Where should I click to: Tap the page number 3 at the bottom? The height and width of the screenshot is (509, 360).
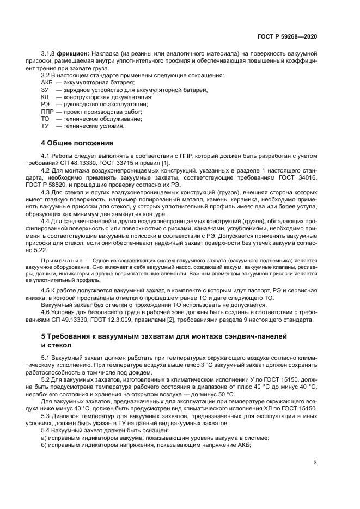coord(315,463)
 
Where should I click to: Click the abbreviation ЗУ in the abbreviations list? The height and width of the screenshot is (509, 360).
coord(45,89)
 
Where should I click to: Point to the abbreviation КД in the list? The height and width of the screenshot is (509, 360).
coord(45,96)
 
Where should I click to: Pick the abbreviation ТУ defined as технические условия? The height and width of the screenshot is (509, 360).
coord(45,126)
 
